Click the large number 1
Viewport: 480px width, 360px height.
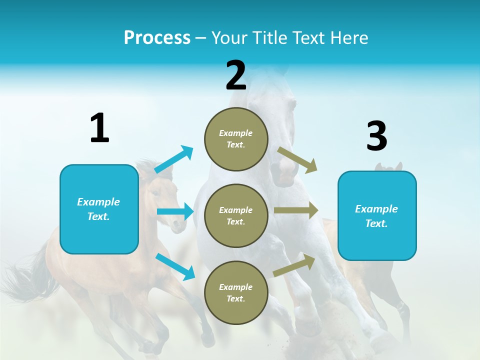point(99,128)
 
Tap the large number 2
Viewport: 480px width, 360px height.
point(236,75)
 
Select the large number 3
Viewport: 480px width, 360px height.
point(376,136)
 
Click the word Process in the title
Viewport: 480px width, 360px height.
point(157,37)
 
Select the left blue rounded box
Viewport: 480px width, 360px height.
point(99,209)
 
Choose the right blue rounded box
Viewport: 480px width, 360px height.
point(377,215)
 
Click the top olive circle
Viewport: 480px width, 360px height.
point(236,139)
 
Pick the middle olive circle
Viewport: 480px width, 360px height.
point(236,215)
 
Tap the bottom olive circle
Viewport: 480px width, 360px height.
point(236,292)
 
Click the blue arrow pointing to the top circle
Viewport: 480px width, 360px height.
point(174,159)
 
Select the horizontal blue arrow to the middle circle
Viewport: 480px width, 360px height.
point(175,211)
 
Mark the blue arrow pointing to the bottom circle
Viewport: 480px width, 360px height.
point(175,266)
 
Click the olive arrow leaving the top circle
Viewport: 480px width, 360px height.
point(297,160)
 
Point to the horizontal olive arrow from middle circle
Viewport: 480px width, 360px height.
point(296,210)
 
